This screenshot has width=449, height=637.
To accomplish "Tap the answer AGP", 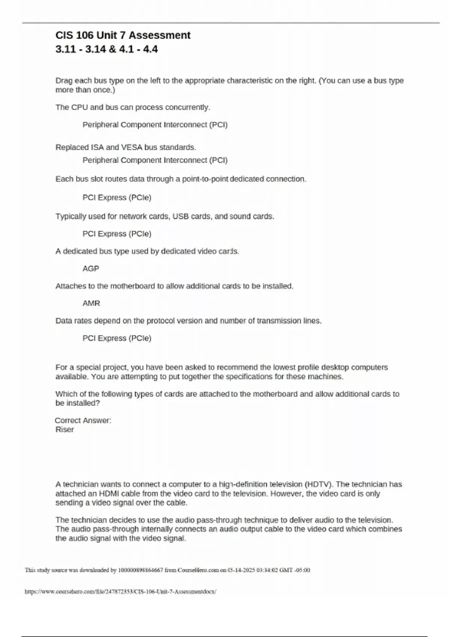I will click(91, 269).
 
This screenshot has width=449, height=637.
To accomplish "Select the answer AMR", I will click(91, 303).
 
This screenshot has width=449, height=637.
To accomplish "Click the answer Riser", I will click(64, 430).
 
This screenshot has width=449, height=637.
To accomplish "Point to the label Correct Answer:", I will click(83, 420).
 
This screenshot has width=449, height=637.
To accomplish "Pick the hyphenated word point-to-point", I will click(205, 179).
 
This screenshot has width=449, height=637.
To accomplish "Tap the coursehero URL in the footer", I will click(120, 592).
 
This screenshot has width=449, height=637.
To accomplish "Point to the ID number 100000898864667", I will click(140, 570).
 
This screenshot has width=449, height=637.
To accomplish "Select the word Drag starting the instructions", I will click(64, 81).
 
